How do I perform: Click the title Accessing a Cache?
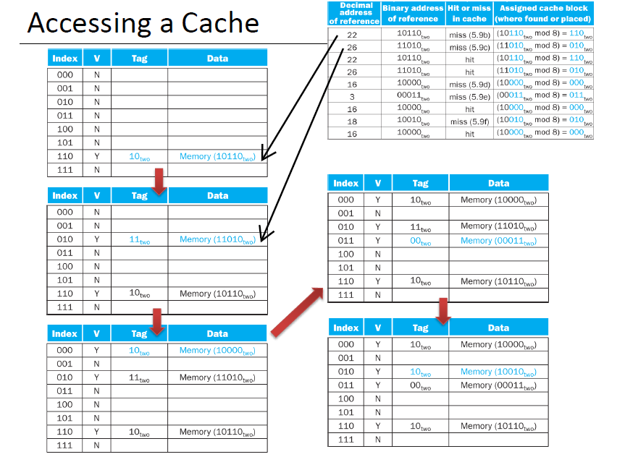(x=143, y=23)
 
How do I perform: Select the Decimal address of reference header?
(x=354, y=14)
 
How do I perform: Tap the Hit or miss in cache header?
(x=469, y=14)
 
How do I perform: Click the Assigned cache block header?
(x=543, y=14)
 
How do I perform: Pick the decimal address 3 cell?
(x=353, y=96)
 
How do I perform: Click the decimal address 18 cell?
(x=353, y=121)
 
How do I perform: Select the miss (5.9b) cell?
(x=469, y=34)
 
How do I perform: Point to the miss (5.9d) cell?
(x=469, y=84)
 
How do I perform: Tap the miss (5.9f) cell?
(x=469, y=121)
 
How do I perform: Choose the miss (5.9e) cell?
(x=469, y=96)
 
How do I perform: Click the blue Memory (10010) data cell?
(x=498, y=372)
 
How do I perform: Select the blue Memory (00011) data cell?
(x=498, y=241)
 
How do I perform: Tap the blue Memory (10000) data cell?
(x=217, y=351)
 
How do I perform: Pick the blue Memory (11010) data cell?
(x=217, y=239)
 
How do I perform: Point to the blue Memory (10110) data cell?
(x=217, y=157)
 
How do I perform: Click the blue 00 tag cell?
(x=420, y=241)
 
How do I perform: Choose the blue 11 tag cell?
(x=139, y=239)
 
